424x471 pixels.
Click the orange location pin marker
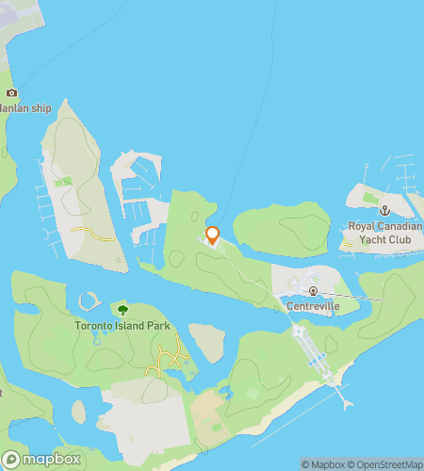(x=212, y=235)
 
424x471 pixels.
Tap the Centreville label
(x=312, y=305)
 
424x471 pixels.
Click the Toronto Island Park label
(x=121, y=326)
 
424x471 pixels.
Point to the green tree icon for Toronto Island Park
(x=122, y=309)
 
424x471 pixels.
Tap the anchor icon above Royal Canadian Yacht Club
(x=384, y=209)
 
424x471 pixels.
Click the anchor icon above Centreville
(x=313, y=290)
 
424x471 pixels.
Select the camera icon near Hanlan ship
(x=11, y=92)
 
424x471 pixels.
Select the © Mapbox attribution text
(x=320, y=464)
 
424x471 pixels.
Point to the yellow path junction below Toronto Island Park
(x=170, y=356)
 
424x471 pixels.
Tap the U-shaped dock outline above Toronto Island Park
(x=90, y=302)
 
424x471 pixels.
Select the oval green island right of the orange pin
(x=281, y=228)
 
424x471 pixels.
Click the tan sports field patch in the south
(x=209, y=406)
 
